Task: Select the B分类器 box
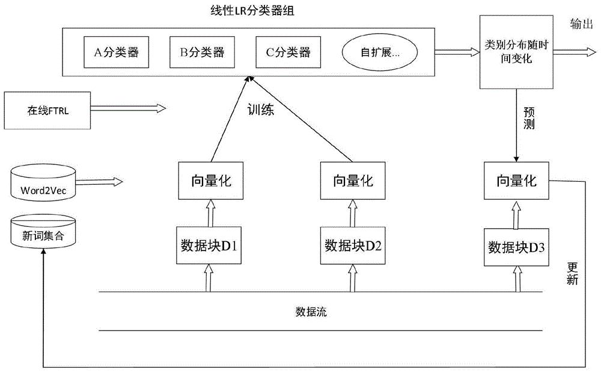(202, 52)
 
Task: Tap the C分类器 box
(288, 52)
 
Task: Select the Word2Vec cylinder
(43, 182)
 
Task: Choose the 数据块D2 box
(353, 245)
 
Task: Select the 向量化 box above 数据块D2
(353, 179)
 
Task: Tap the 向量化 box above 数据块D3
(516, 179)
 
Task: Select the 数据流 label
(311, 312)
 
